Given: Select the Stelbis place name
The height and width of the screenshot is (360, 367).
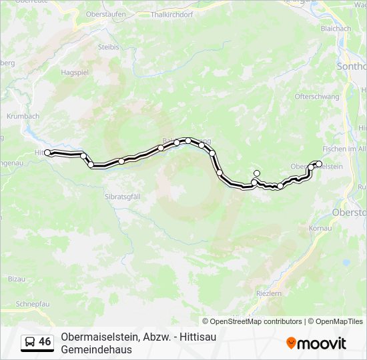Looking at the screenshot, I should pos(109,47).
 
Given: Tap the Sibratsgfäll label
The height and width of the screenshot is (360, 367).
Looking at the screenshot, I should pos(125,197).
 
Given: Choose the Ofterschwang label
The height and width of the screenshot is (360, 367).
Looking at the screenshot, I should pos(314,97).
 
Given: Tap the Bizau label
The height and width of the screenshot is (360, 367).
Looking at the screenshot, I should pos(17,279).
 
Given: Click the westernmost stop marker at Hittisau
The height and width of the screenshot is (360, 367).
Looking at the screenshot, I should pos(47,153).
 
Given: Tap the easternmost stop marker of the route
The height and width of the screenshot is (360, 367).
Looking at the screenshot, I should pos(319,164).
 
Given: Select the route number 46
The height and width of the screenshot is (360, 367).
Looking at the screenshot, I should pos(45,342).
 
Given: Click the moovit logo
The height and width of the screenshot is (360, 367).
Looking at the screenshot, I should pos(316,343).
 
